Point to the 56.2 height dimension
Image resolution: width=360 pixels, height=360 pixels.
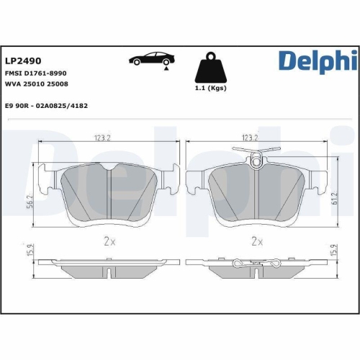tap(30, 204)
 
